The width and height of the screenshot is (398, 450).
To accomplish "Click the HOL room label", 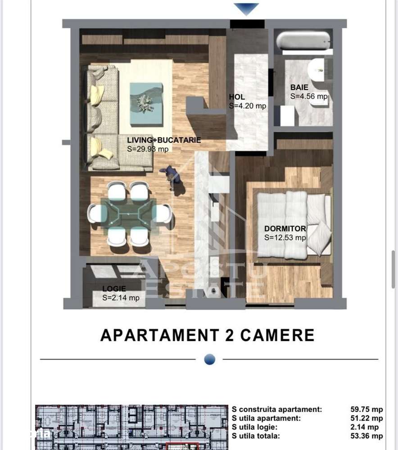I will pos(237,97).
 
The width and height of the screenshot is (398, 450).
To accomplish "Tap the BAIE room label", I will pos(299,87).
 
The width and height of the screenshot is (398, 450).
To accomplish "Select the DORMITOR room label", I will pos(285,229).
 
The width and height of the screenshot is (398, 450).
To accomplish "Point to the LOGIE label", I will pos(114,289).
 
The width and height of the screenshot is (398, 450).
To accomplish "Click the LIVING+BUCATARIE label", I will pos(164,140).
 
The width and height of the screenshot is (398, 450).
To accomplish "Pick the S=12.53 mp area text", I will pos(285,237).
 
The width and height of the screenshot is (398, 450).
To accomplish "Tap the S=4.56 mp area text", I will pos(309,96).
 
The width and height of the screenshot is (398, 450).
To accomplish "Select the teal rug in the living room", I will pos(145,103).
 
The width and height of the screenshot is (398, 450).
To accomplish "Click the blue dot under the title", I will pos(209,359).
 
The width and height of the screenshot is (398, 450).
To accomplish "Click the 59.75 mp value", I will pos(366,409).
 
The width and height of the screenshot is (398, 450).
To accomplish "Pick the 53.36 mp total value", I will pos(366,436).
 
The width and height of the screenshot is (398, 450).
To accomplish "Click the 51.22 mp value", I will pos(366,418).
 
